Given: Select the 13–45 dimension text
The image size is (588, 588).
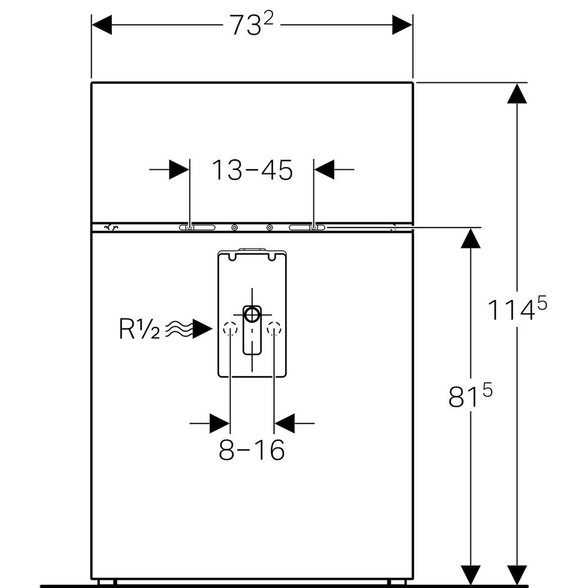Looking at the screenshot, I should click(252, 170).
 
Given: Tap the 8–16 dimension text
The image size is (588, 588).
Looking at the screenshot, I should click(252, 450).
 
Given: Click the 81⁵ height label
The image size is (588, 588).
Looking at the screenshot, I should click(470, 396).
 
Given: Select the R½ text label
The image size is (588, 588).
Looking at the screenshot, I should click(139, 330).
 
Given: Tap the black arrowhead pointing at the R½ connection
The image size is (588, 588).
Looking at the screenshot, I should click(202, 330).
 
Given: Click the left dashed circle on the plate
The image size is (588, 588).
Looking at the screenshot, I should click(230, 329).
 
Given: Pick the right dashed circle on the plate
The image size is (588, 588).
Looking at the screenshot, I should click(274, 329).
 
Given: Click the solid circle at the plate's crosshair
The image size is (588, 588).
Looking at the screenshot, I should click(252, 314).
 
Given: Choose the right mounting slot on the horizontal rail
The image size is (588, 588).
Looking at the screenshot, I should click(306, 228).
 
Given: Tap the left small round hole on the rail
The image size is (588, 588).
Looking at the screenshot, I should click(235, 228).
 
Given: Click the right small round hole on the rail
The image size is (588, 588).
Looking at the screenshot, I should click(270, 228).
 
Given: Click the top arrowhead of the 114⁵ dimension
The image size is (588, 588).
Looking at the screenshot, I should click(517, 93).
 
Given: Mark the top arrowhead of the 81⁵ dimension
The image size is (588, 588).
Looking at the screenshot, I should click(470, 238).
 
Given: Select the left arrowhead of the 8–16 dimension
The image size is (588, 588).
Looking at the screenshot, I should click(219, 423).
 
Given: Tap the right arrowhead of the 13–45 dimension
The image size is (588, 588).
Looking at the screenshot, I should click(324, 170).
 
